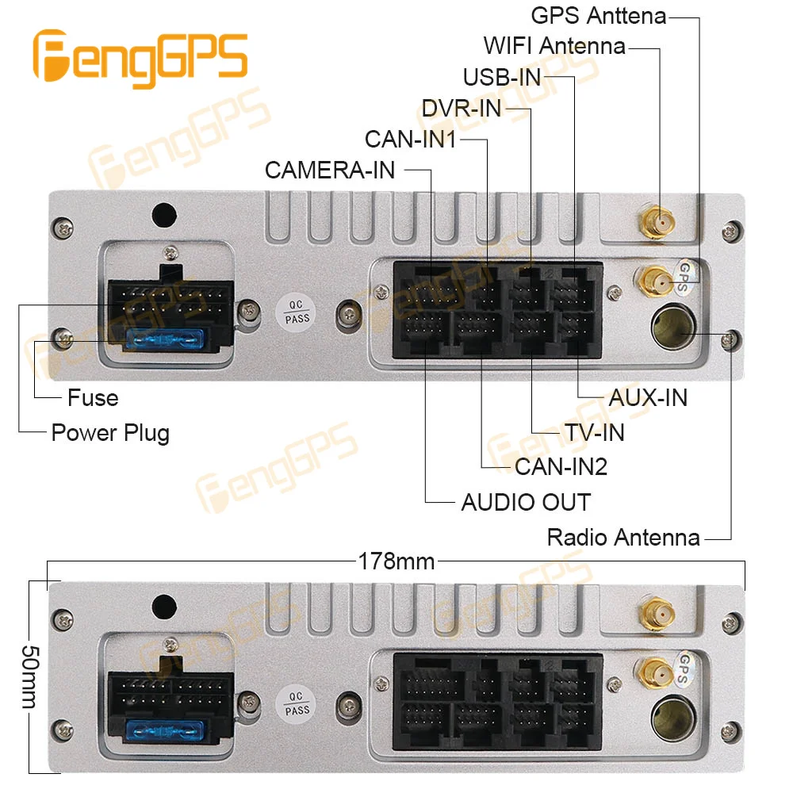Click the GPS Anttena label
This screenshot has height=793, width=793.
click(x=598, y=15)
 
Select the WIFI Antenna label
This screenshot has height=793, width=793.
click(x=554, y=46)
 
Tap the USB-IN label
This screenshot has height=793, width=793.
click(x=502, y=77)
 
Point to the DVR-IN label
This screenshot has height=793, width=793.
click(x=462, y=108)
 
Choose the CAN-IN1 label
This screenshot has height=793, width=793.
click(x=411, y=140)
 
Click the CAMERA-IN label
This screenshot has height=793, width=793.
click(x=330, y=170)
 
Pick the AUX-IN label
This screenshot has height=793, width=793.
click(x=648, y=397)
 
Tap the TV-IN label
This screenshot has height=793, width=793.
click(x=595, y=432)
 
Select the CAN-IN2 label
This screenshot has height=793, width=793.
click(x=561, y=467)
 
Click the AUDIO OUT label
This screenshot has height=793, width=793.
click(x=526, y=502)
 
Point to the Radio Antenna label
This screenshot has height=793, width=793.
click(x=623, y=538)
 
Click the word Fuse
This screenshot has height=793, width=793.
click(x=93, y=397)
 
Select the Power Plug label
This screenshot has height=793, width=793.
click(x=110, y=433)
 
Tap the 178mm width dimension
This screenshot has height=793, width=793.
click(x=396, y=561)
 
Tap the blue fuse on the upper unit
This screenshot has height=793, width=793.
click(x=165, y=340)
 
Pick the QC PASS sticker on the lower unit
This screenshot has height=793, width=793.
click(x=297, y=703)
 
